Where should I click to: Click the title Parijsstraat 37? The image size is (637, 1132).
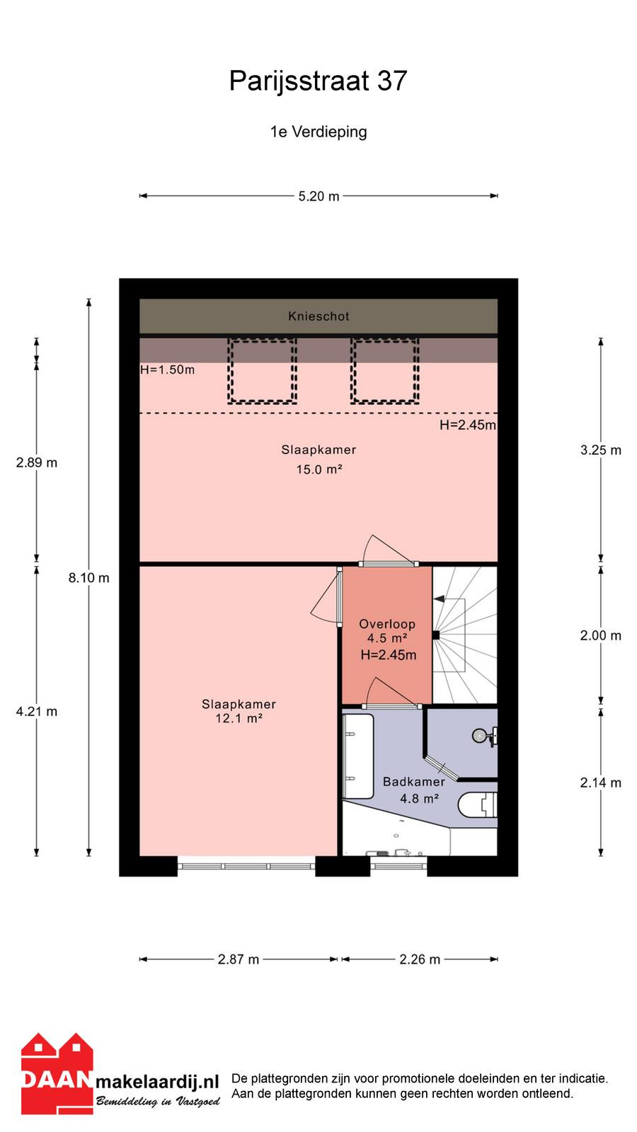pos(318,81)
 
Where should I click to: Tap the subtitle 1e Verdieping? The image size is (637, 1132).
pos(318,132)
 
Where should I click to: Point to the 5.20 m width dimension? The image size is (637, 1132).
pos(318,196)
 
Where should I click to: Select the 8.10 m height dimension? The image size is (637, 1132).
pos(89,577)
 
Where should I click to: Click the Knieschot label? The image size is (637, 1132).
pos(318,316)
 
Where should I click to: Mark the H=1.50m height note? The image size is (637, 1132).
pos(167,370)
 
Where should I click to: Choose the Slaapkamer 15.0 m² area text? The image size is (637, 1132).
pos(318,459)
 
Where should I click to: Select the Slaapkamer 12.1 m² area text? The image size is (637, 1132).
pos(239,711)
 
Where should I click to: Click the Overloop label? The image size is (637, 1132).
pos(387,624)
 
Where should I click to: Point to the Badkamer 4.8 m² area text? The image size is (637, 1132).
pos(414,790)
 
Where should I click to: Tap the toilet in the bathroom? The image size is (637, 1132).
pos(478,805)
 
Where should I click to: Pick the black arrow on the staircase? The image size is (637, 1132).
pos(439,599)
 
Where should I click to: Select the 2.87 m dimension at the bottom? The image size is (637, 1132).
pos(238,959)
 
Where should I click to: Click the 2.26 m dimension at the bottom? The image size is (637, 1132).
pos(420,959)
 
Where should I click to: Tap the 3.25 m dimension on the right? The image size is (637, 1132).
pos(601,450)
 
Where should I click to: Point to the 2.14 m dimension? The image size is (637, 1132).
pos(601,782)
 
